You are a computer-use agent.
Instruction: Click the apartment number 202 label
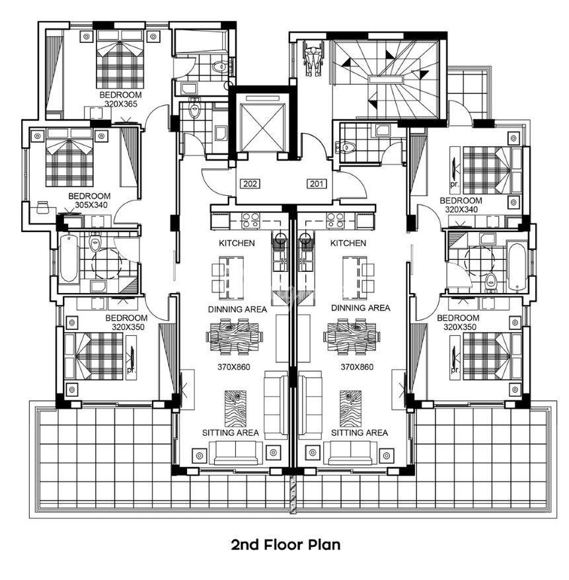click(250, 183)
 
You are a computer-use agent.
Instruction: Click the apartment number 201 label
click(317, 183)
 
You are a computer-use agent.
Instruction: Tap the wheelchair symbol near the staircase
click(313, 58)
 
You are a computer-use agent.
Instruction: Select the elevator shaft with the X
click(263, 126)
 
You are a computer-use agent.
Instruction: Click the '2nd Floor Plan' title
click(285, 544)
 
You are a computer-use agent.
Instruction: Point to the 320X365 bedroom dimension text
click(121, 104)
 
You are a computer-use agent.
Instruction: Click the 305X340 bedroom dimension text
click(91, 204)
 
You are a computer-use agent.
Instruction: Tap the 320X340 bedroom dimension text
click(461, 210)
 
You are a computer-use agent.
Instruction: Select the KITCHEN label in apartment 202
click(237, 243)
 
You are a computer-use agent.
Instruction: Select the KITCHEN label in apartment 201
click(348, 243)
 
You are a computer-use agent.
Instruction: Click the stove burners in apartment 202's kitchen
click(250, 220)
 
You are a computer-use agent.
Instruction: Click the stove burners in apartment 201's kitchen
click(335, 220)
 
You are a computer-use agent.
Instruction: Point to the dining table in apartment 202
click(235, 336)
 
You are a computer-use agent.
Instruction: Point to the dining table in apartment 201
click(352, 336)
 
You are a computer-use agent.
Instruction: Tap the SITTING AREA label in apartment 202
click(231, 433)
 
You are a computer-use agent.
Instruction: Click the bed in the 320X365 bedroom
click(120, 59)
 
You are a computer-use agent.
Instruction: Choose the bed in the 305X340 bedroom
click(69, 157)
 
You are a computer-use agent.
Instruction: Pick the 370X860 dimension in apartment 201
click(357, 367)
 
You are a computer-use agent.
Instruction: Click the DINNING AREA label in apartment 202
click(237, 310)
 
